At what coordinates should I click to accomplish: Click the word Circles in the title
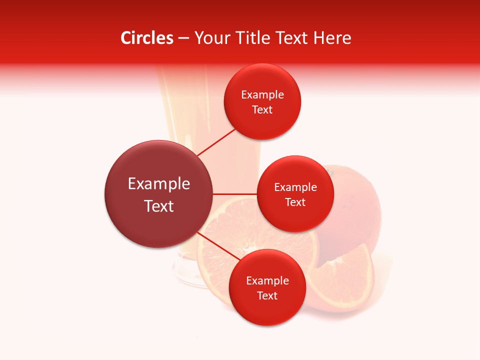(x=147, y=38)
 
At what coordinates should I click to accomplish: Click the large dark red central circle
(x=159, y=194)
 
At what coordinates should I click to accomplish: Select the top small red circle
(x=262, y=101)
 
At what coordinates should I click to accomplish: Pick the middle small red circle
(x=295, y=194)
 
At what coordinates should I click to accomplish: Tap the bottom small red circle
(x=267, y=287)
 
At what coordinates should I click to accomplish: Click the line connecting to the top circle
(x=216, y=142)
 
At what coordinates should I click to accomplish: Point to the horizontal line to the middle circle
(x=234, y=193)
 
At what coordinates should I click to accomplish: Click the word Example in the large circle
(x=159, y=184)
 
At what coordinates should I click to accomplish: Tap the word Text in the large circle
(x=159, y=206)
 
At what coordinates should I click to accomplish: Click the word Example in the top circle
(x=262, y=95)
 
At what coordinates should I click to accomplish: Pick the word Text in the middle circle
(x=295, y=202)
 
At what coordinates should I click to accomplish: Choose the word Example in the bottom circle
(x=267, y=281)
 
